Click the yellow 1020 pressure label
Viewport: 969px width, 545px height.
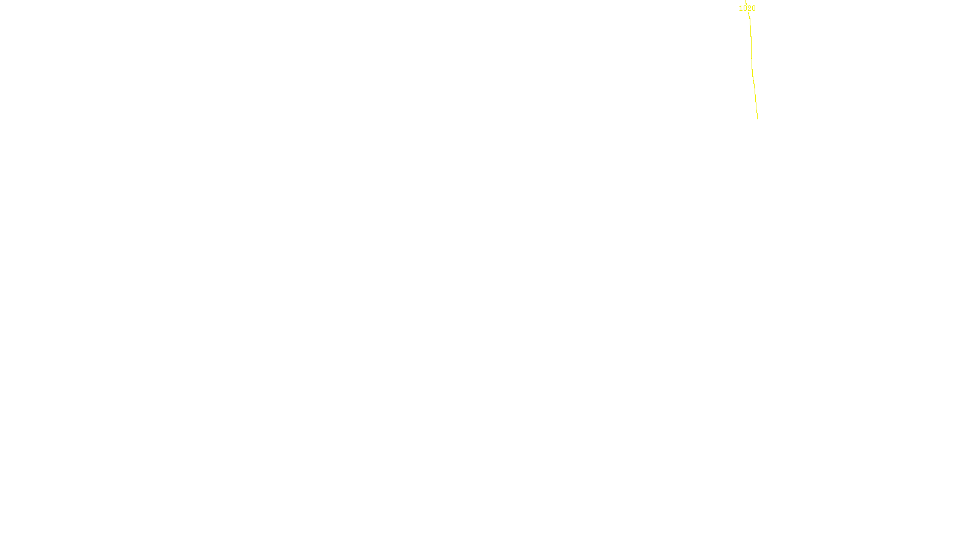747,8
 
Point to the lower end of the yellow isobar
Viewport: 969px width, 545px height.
757,118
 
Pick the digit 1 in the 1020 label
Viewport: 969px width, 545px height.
741,8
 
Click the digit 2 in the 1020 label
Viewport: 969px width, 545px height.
749,8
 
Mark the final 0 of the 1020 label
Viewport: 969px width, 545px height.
753,8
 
